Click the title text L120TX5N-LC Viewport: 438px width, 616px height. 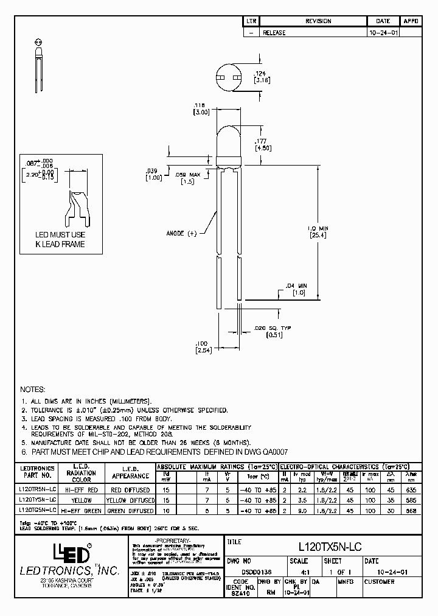coord(330,547)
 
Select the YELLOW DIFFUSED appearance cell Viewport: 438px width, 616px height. coord(128,499)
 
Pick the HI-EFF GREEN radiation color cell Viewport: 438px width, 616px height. coord(82,510)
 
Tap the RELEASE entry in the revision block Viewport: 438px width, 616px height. coord(274,32)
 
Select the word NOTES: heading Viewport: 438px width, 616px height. coord(33,389)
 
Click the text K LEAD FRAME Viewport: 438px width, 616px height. coord(60,244)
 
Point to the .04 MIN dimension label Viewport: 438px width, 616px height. coord(298,285)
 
